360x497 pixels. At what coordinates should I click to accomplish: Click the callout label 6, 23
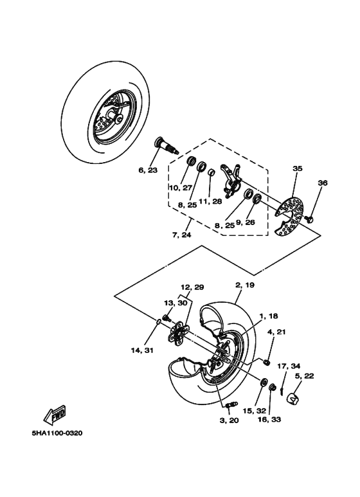coord(147,170)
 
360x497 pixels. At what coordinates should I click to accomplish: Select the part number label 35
coord(297,168)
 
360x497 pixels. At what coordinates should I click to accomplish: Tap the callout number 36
coord(323,183)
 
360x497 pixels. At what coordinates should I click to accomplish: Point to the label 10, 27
coord(181,188)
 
